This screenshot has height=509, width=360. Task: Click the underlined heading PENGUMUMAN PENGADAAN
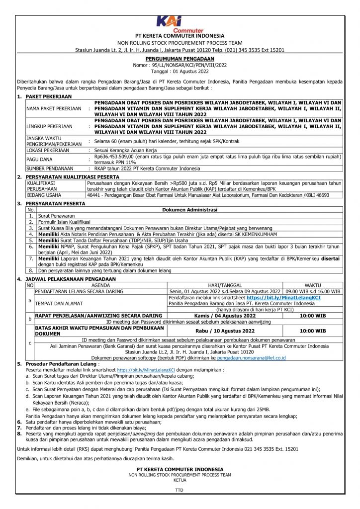180,58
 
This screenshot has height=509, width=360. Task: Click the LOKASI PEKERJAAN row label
48,150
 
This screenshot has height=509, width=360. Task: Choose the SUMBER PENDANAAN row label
49,169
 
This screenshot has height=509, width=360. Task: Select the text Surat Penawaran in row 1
56,216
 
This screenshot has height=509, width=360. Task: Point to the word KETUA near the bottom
180,480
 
